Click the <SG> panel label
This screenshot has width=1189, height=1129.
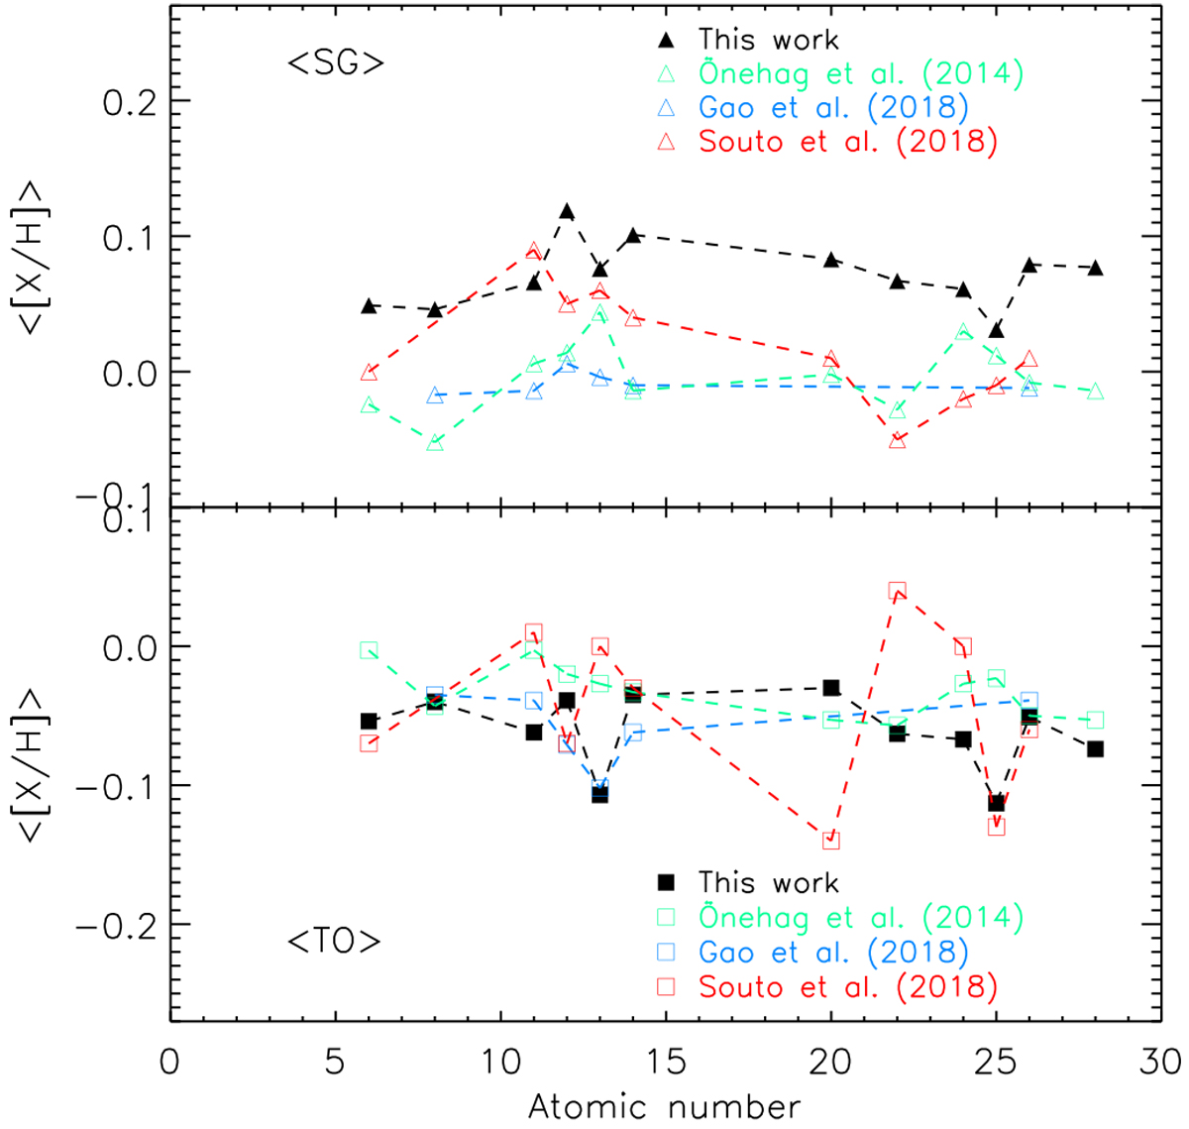pyautogui.click(x=335, y=63)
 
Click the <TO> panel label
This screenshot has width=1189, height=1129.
pyautogui.click(x=335, y=940)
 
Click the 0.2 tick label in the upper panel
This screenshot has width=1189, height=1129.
pyautogui.click(x=132, y=102)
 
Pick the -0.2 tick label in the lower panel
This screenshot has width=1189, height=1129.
pyautogui.click(x=117, y=926)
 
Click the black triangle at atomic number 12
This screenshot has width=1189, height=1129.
pyautogui.click(x=567, y=211)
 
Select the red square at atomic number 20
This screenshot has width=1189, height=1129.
pyautogui.click(x=830, y=841)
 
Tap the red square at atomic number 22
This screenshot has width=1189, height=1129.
pyautogui.click(x=897, y=592)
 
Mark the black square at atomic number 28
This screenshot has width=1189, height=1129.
pyautogui.click(x=1095, y=749)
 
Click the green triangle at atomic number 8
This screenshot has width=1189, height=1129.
pyautogui.click(x=435, y=443)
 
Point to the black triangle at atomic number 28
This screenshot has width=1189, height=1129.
pyautogui.click(x=1095, y=268)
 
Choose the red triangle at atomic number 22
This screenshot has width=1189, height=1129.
pyautogui.click(x=897, y=440)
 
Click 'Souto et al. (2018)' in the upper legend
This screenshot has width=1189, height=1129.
pyautogui.click(x=847, y=141)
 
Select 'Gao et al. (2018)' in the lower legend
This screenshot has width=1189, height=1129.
pyautogui.click(x=832, y=953)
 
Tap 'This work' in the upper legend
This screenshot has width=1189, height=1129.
pyautogui.click(x=768, y=40)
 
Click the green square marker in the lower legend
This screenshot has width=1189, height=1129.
pyautogui.click(x=667, y=918)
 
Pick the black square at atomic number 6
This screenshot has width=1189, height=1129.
pyautogui.click(x=369, y=722)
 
